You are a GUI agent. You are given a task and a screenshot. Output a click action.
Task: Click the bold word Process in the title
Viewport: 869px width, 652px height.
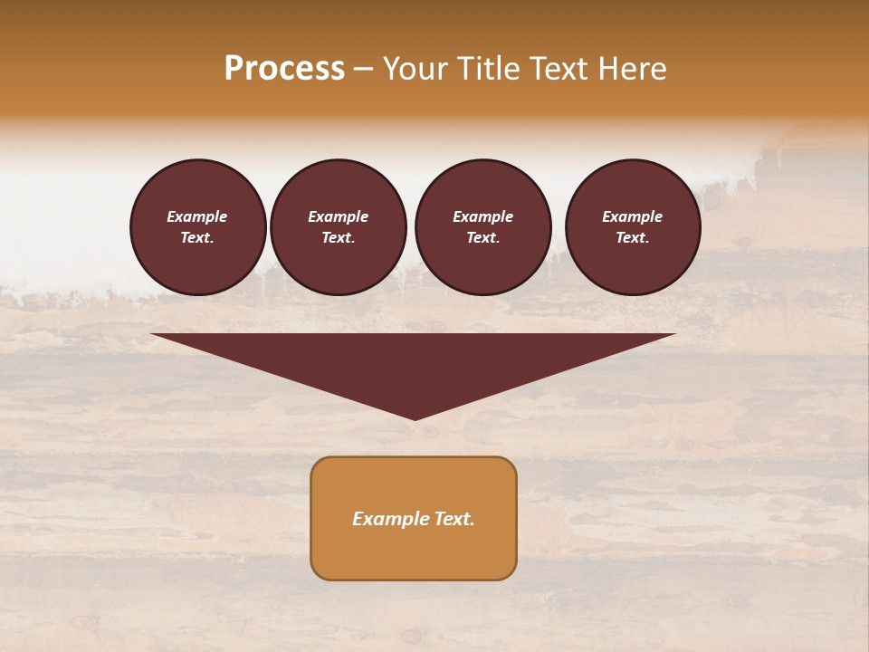284,69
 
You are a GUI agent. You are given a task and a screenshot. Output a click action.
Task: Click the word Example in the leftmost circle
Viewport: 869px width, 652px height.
197,216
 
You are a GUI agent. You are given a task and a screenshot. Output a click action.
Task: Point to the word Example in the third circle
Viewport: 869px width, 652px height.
482,216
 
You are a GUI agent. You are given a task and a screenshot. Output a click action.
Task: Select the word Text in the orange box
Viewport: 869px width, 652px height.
454,519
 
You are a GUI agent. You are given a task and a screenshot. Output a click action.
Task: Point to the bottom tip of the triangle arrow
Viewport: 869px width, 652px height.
415,417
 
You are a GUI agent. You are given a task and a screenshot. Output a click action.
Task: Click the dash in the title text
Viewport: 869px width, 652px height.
363,69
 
